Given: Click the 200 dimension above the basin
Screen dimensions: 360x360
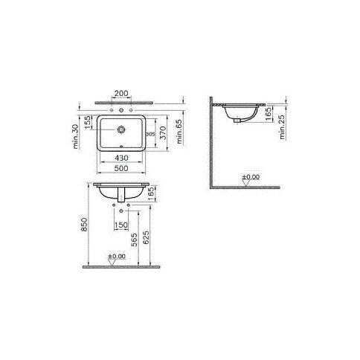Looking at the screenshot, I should (120, 94).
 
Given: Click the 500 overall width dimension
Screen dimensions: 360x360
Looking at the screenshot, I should (120, 169).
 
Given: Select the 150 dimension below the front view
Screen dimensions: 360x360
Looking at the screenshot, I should (120, 225).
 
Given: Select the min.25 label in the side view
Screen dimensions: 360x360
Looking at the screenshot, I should (283, 128).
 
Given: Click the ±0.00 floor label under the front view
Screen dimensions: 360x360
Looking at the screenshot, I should (118, 257).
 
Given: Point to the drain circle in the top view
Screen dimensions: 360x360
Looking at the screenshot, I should (120, 129).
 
